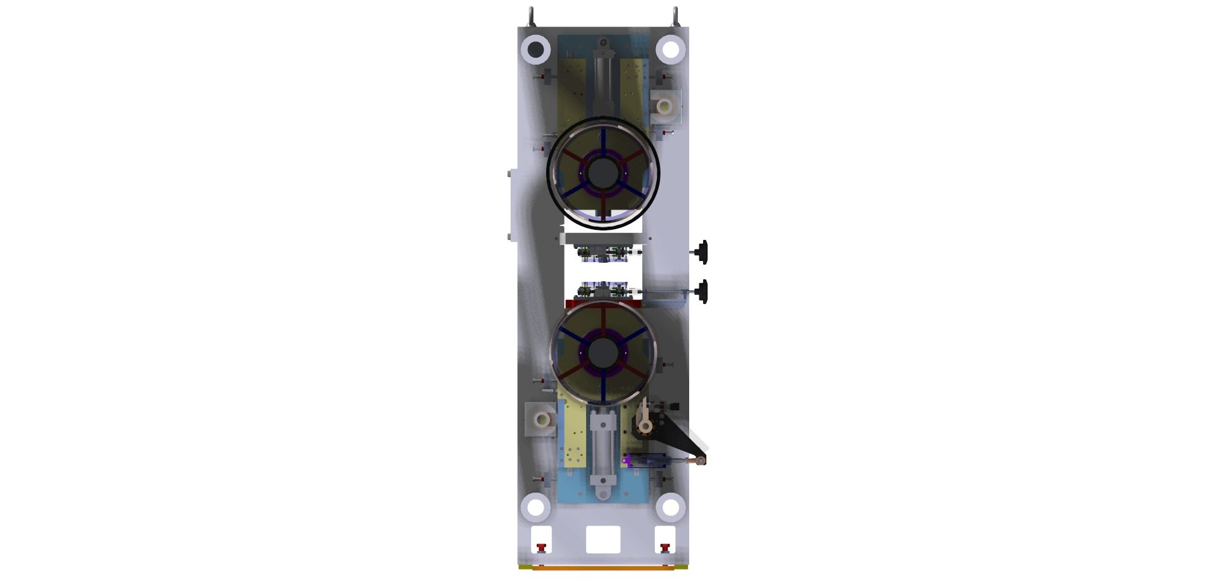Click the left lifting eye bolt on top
[531, 15]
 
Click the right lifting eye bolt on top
[675, 15]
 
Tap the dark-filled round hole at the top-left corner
[535, 49]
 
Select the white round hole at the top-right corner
[670, 49]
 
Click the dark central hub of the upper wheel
[602, 172]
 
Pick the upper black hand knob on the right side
[702, 253]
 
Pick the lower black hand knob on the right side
[702, 291]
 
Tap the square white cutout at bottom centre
[603, 539]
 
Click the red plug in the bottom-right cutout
[664, 547]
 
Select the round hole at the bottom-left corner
[535, 507]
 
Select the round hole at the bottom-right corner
[670, 507]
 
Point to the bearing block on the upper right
[664, 105]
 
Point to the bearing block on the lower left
[541, 420]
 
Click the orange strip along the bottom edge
[602, 568]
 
